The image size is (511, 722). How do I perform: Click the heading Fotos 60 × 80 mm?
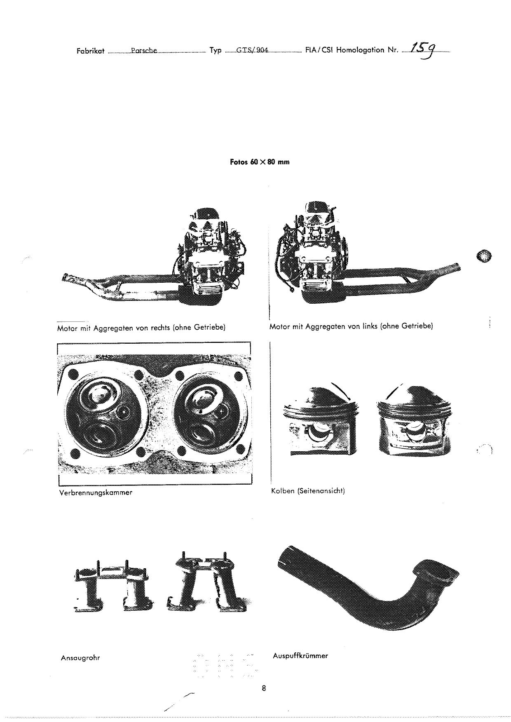pos(260,162)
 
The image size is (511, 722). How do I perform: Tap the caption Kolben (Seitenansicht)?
pos(308,491)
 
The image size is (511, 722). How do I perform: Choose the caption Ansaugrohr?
pos(80,658)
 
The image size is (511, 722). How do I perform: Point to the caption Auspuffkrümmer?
pos(300,656)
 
